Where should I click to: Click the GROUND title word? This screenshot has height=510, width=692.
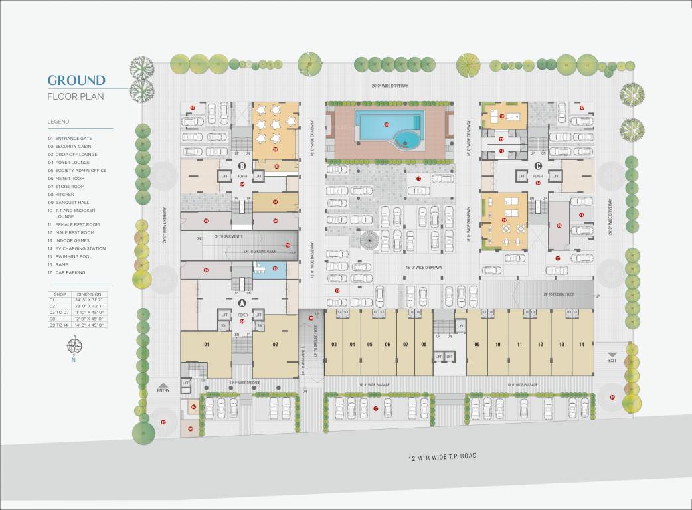click(x=76, y=80)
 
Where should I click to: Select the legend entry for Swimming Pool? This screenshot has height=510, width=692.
click(x=71, y=256)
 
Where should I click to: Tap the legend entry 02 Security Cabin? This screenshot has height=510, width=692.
click(x=72, y=146)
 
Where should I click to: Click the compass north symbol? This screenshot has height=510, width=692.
click(x=74, y=346)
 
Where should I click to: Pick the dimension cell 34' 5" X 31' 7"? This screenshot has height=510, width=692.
click(x=88, y=299)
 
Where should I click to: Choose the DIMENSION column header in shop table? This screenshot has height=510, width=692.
click(x=88, y=294)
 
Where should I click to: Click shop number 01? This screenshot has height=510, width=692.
click(x=207, y=344)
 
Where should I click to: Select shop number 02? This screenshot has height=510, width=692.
click(x=274, y=344)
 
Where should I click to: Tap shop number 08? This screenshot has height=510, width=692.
click(x=424, y=344)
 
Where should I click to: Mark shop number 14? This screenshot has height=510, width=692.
click(x=582, y=344)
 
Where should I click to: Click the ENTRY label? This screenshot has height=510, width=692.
click(x=163, y=390)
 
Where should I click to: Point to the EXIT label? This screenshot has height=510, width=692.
click(x=612, y=359)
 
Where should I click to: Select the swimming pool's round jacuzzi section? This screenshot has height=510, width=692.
click(x=404, y=140)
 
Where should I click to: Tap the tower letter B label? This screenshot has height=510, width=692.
click(x=242, y=165)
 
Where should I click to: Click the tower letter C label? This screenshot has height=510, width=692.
click(x=538, y=165)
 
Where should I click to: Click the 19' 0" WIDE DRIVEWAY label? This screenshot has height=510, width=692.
click(x=424, y=267)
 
